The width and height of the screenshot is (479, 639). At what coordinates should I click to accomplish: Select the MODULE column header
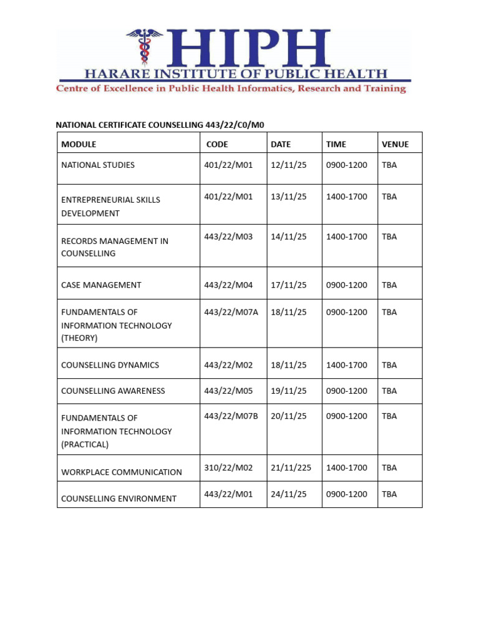click(79, 144)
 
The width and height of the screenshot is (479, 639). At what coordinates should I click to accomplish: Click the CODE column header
click(217, 144)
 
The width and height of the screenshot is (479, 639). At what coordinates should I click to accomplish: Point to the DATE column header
click(281, 144)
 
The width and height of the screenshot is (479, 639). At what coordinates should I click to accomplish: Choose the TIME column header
click(336, 144)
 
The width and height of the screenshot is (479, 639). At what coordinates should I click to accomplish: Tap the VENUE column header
click(395, 144)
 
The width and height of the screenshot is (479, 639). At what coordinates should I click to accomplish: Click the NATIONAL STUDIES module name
click(98, 165)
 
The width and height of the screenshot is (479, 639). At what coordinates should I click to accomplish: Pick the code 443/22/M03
click(228, 237)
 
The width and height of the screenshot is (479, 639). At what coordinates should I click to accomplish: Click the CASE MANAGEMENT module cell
click(101, 285)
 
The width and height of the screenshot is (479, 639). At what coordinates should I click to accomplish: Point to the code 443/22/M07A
click(231, 312)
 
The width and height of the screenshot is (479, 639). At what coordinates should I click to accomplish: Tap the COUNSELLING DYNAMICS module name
click(110, 365)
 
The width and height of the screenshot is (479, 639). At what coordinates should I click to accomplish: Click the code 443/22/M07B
click(231, 416)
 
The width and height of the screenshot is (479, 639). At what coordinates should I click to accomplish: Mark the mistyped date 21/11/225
click(291, 467)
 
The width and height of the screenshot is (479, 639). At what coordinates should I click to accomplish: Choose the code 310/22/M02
click(228, 467)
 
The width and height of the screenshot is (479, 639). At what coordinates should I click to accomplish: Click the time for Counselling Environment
click(347, 494)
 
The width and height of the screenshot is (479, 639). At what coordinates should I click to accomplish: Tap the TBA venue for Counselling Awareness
click(389, 391)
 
